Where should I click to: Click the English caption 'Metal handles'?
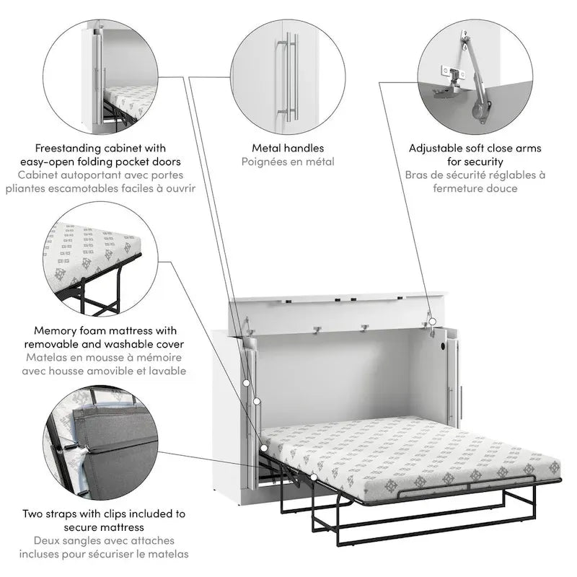(x=288, y=148)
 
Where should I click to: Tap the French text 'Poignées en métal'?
(x=288, y=162)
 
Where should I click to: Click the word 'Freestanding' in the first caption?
(x=79, y=148)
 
